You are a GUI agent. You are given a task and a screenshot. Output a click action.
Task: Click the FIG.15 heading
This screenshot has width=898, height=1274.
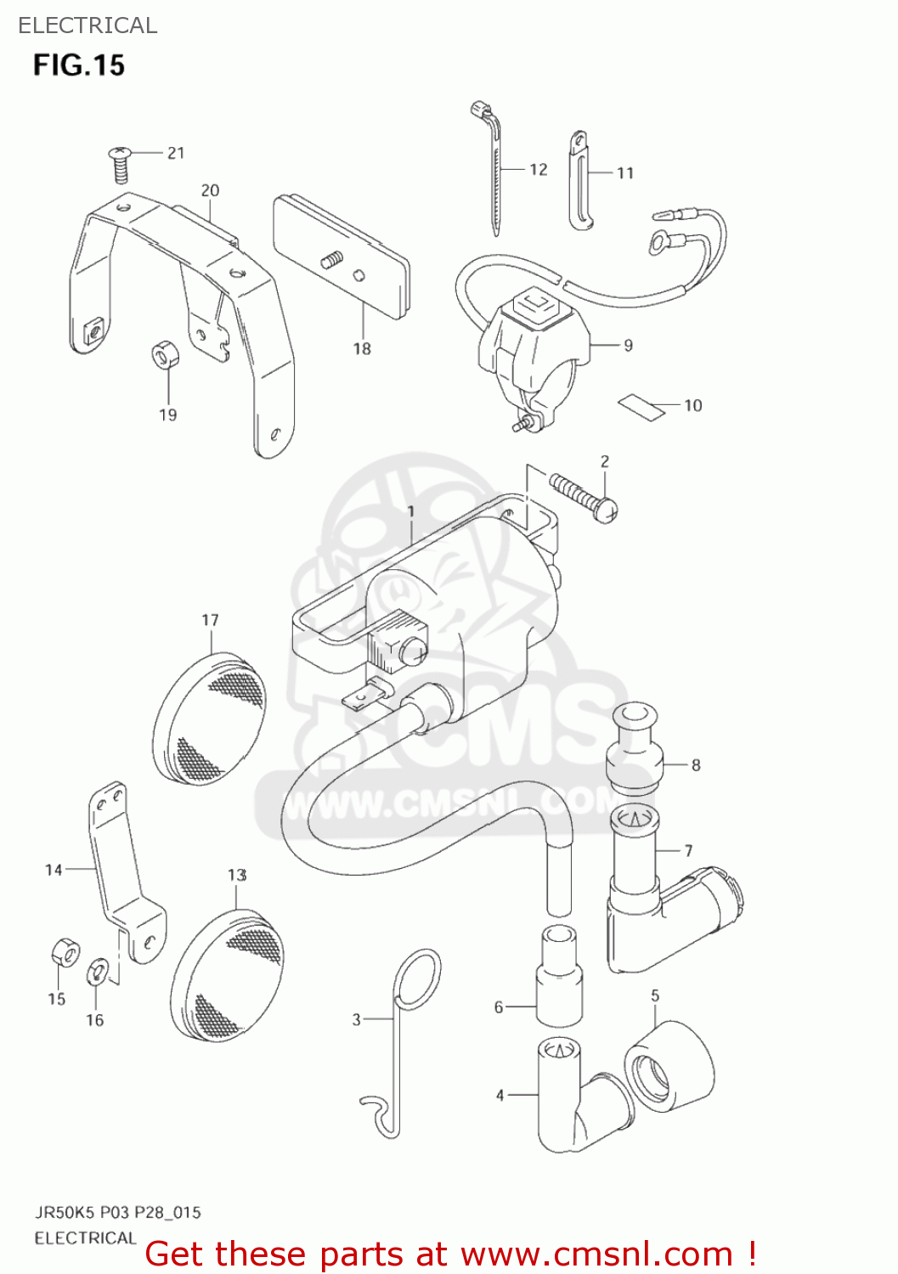click(x=79, y=65)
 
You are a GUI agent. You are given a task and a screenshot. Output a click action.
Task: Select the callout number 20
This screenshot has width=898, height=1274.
click(x=210, y=191)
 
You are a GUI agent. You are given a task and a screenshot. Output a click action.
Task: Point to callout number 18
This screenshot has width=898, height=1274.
click(x=362, y=348)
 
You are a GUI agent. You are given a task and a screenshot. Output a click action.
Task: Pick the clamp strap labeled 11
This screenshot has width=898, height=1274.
click(x=579, y=180)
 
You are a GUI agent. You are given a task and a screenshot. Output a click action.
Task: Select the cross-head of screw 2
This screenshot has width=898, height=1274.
click(x=607, y=509)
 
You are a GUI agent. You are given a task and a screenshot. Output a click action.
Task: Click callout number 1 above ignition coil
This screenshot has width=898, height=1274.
click(x=411, y=511)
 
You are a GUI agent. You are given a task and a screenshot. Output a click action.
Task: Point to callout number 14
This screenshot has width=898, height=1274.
click(x=54, y=870)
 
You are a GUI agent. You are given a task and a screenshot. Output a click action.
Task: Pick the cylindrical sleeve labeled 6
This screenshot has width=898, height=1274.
click(x=559, y=974)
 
